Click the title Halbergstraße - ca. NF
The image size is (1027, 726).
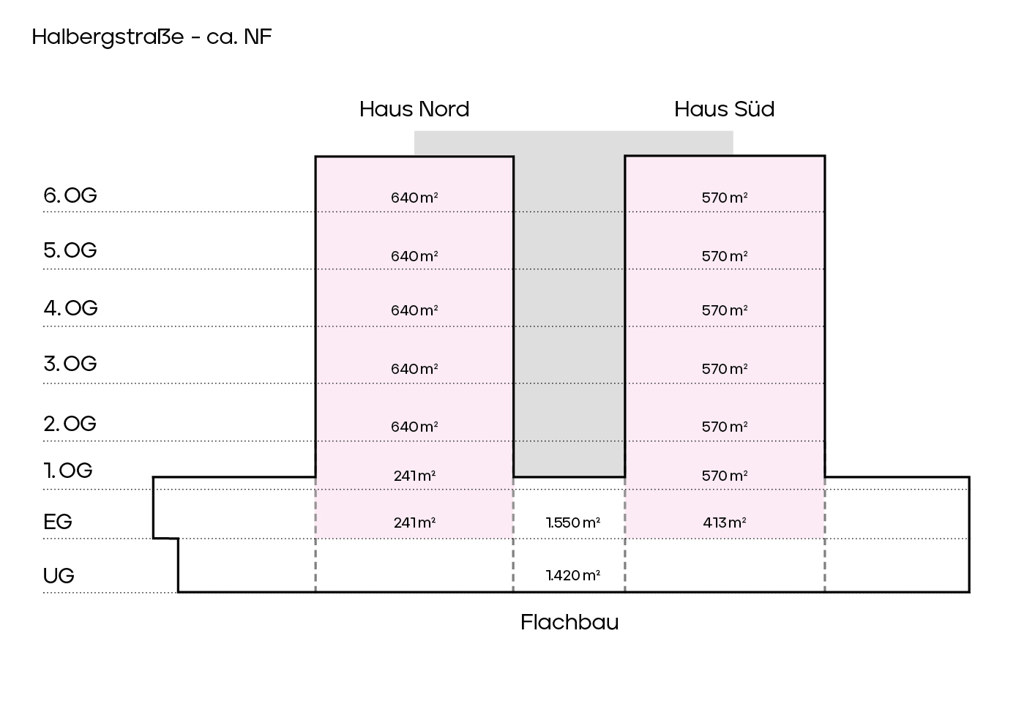coord(152,37)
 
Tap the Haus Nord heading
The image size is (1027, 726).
coord(414,109)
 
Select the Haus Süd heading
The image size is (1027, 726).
coord(724,109)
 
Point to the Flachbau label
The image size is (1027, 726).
coord(569,622)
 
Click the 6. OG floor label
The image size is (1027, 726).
coord(70,195)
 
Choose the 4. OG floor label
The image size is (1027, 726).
coord(70,308)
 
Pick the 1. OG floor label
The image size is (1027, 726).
coord(68,471)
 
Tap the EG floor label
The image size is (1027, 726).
coord(58,522)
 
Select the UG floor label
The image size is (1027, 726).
coord(59,576)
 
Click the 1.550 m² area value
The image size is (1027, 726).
coord(573,523)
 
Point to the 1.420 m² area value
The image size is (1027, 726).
coord(573,575)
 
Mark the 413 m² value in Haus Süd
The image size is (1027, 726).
coord(725,523)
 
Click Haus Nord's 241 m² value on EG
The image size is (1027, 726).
coord(414,523)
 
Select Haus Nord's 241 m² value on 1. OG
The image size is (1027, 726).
coord(414,476)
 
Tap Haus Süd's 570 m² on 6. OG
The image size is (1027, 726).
coord(725,198)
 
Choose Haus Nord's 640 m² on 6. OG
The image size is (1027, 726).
coord(414,198)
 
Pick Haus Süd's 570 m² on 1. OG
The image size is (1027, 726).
coord(725,476)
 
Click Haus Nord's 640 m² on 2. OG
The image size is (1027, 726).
coord(414,427)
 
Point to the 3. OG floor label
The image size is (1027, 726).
coord(70,364)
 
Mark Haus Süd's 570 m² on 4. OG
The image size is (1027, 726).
coord(725,310)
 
